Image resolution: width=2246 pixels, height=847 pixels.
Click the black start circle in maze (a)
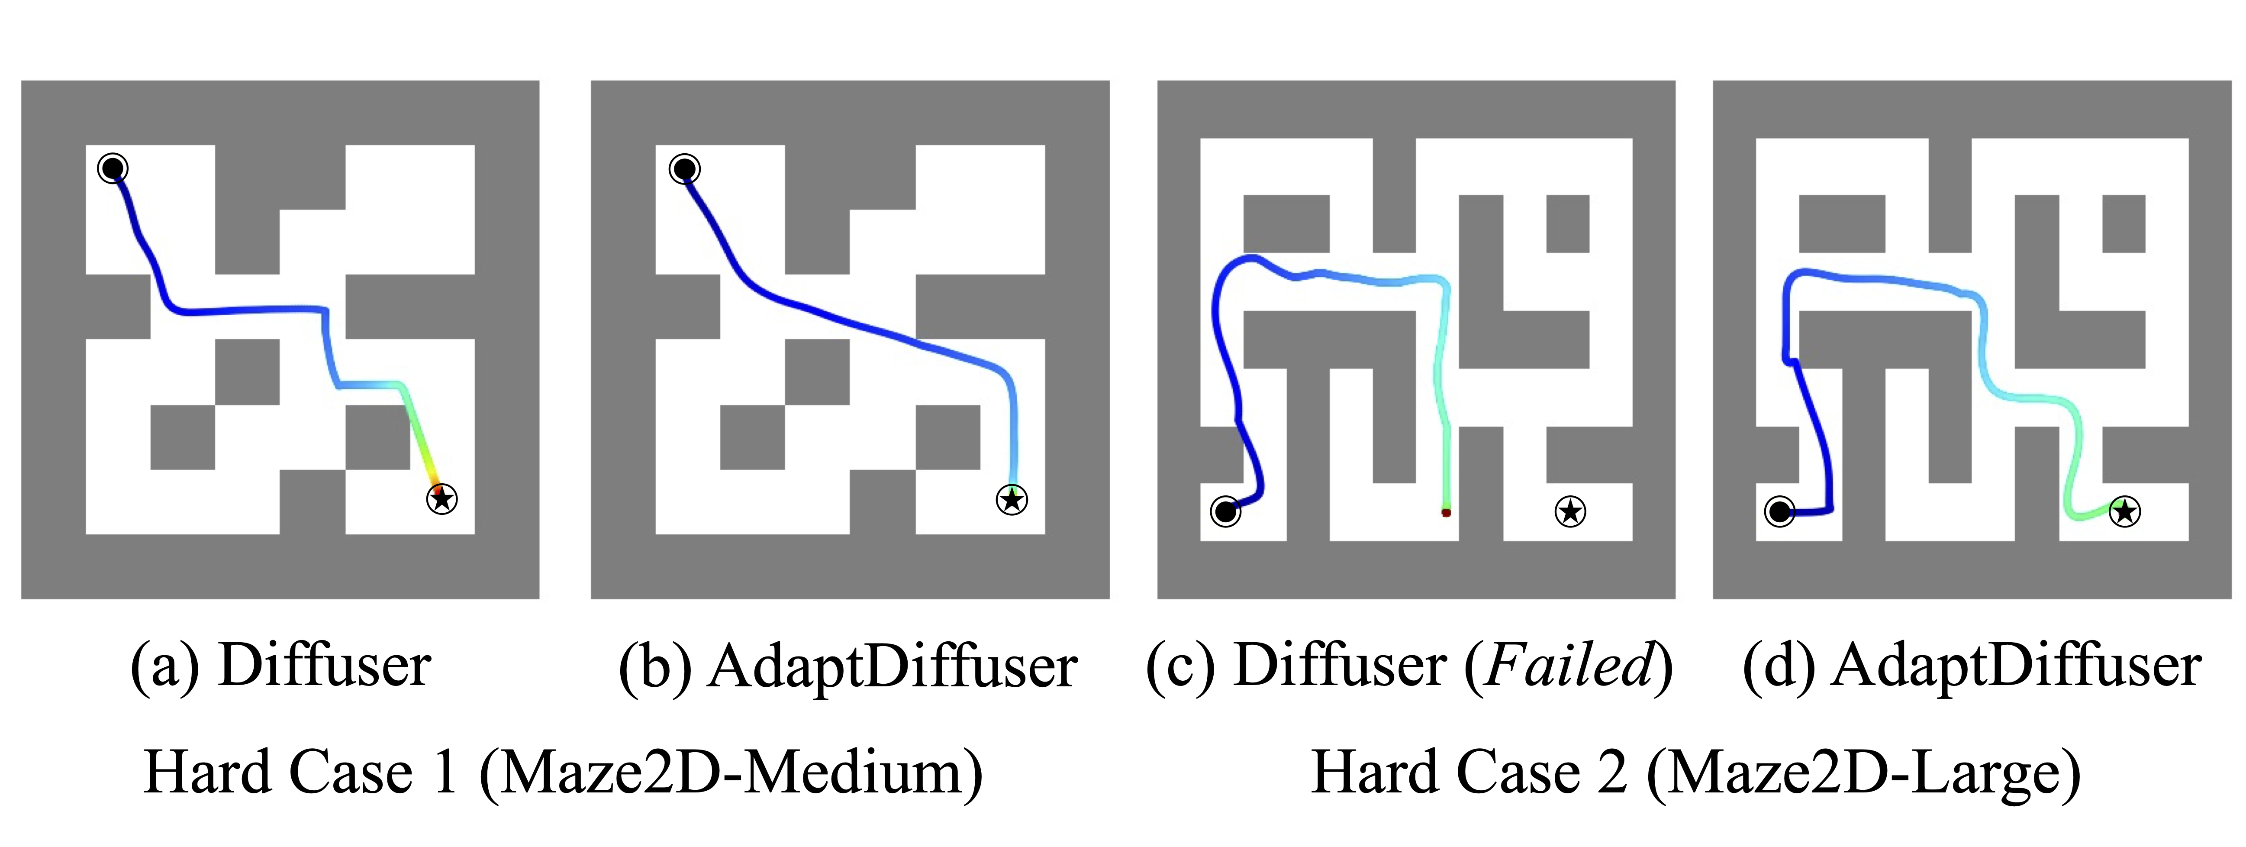(x=113, y=168)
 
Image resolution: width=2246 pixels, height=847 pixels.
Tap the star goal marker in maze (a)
(x=441, y=498)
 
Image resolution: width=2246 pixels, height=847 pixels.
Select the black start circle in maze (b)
(x=684, y=168)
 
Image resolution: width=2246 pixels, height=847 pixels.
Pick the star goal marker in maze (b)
(x=1012, y=499)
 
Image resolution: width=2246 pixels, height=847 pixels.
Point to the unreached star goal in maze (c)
(x=1570, y=511)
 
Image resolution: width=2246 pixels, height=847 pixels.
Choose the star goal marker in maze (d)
(x=2124, y=511)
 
